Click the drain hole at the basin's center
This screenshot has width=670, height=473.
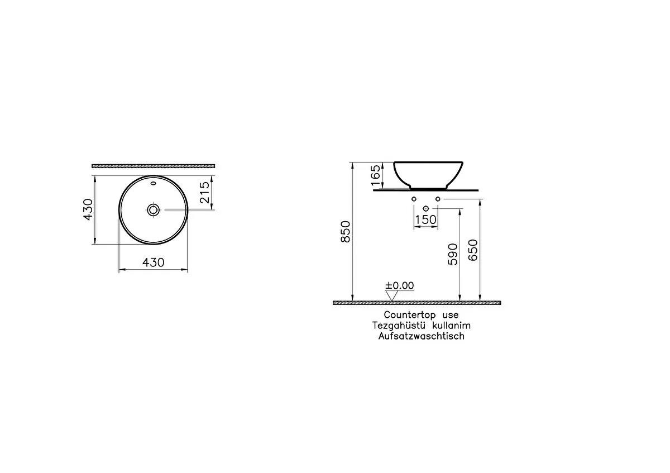(154, 210)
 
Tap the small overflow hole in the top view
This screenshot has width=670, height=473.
(154, 183)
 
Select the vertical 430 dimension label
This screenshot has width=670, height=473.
(88, 209)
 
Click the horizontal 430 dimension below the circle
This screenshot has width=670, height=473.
(154, 262)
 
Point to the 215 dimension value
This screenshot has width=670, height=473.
(204, 192)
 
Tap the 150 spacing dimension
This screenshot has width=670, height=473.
(425, 220)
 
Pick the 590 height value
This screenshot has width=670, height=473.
(452, 254)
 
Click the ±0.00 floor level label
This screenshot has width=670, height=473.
(399, 285)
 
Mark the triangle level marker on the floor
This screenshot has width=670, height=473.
(392, 295)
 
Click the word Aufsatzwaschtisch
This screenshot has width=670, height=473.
(421, 336)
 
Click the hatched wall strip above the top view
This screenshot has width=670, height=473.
(154, 166)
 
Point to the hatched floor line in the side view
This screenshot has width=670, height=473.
(417, 303)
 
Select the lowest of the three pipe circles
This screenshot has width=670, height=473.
(425, 209)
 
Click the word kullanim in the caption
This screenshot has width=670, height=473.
(449, 326)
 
